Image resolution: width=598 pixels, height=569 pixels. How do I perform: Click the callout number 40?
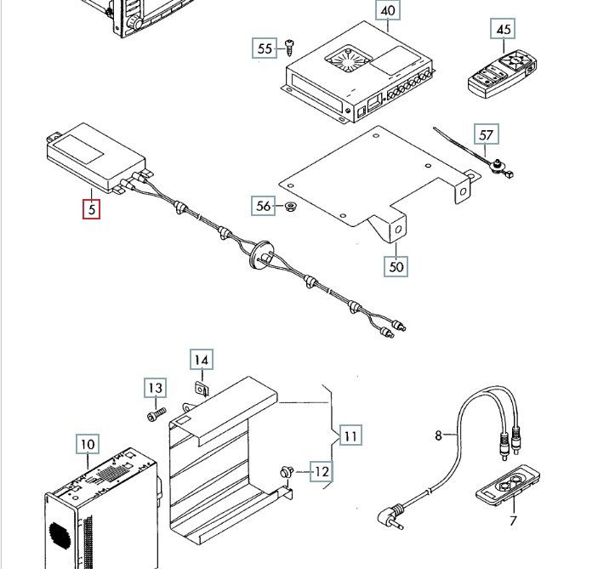[388, 10]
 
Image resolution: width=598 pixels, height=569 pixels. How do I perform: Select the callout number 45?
[503, 29]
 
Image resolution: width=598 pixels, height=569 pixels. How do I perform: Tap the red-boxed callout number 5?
[92, 209]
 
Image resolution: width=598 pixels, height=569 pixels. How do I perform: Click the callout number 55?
[265, 48]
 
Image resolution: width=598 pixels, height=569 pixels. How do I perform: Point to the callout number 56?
[263, 206]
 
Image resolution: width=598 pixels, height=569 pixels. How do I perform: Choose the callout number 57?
[487, 134]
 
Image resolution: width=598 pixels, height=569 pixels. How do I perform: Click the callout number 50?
[396, 266]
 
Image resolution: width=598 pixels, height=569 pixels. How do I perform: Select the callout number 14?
[202, 360]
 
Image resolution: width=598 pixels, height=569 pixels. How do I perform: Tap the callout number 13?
[155, 388]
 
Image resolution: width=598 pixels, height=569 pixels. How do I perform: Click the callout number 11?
[350, 435]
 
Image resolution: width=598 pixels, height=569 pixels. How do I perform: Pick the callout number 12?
[322, 472]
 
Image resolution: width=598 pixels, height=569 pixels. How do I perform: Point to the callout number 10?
[88, 444]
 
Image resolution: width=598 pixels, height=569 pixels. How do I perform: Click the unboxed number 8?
[439, 435]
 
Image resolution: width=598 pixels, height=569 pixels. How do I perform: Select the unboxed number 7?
[513, 521]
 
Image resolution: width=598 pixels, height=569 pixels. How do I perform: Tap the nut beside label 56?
[291, 207]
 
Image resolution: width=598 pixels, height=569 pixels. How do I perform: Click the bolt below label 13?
[157, 414]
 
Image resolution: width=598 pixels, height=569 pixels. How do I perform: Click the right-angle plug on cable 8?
[390, 517]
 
